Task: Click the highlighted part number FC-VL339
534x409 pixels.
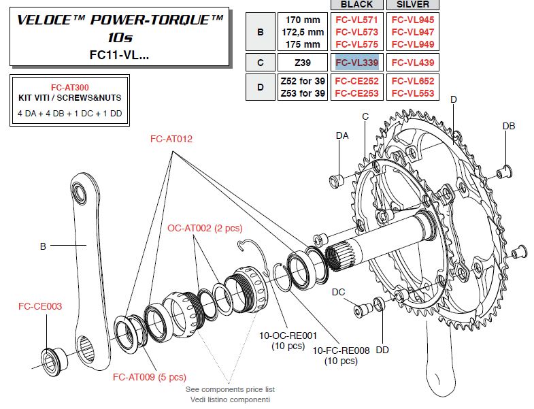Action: coord(356,63)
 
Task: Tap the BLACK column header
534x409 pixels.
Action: coord(356,5)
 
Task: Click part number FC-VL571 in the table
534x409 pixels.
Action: coord(356,20)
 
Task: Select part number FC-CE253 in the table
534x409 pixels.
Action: coord(356,93)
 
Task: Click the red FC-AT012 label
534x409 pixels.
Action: coord(171,139)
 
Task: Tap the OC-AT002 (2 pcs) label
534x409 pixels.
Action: coord(205,228)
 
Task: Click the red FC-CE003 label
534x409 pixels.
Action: coord(39,306)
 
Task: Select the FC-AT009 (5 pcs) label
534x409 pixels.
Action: coord(149,376)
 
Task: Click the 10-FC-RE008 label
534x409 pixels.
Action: coord(341,350)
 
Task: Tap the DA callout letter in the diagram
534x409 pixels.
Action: coord(342,136)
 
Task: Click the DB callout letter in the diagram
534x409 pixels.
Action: coord(508,127)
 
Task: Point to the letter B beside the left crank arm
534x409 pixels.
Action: coord(42,246)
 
